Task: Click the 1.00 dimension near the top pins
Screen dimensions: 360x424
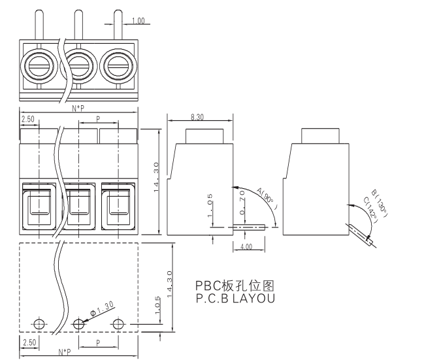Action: point(138,22)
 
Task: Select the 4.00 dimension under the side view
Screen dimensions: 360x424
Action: point(246,247)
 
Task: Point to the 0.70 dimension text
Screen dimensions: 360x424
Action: point(241,203)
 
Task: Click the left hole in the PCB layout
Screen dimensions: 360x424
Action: point(39,324)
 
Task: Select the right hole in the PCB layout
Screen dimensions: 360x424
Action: point(118,324)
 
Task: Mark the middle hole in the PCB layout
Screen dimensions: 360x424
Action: point(79,324)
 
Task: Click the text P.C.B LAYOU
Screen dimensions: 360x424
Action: point(235,298)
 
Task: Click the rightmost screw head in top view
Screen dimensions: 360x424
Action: point(118,65)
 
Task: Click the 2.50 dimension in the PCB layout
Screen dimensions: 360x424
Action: point(28,342)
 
